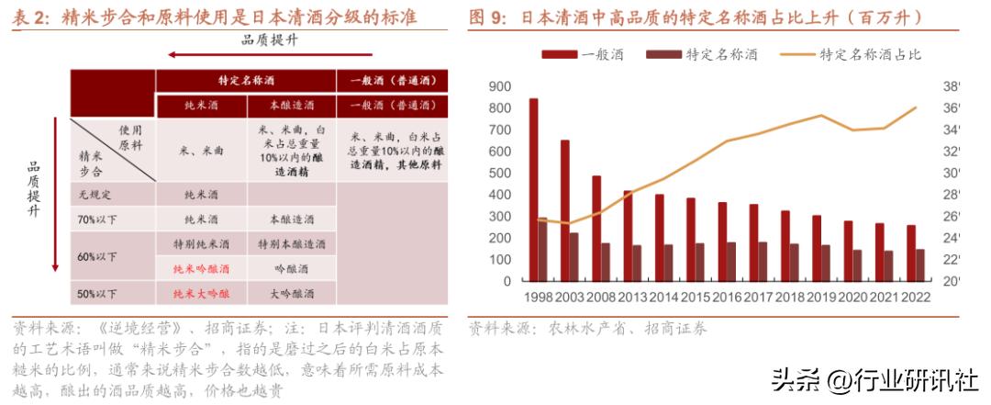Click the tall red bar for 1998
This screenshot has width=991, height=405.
tap(534, 189)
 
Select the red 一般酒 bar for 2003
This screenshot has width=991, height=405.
tap(565, 210)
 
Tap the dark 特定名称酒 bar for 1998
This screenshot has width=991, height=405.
tap(543, 249)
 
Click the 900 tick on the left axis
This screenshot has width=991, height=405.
tap(500, 87)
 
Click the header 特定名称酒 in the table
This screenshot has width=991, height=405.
tap(246, 80)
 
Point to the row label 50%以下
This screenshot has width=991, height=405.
tap(97, 293)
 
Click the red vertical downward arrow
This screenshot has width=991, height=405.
tap(55, 193)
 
